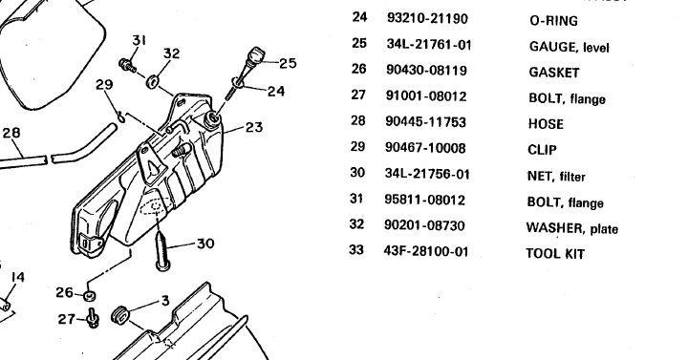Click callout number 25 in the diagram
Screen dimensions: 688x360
288,64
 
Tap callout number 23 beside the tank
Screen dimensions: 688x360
254,127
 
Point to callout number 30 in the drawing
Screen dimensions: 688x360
205,244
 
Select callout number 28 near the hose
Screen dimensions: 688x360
11,133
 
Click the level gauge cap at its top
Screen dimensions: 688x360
257,55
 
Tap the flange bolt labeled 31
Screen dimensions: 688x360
127,65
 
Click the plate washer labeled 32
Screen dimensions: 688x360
153,80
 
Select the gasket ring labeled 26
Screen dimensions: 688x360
90,296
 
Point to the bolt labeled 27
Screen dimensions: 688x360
93,318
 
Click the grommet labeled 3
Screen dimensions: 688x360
120,315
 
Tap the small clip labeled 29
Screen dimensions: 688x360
121,117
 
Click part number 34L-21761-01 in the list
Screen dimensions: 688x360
429,44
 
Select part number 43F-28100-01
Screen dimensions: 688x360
426,252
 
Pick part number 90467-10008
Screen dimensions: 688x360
425,148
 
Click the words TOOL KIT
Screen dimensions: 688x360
555,253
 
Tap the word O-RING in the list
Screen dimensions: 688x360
553,21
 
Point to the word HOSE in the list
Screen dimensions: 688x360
546,124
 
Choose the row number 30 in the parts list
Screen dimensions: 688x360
357,172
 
